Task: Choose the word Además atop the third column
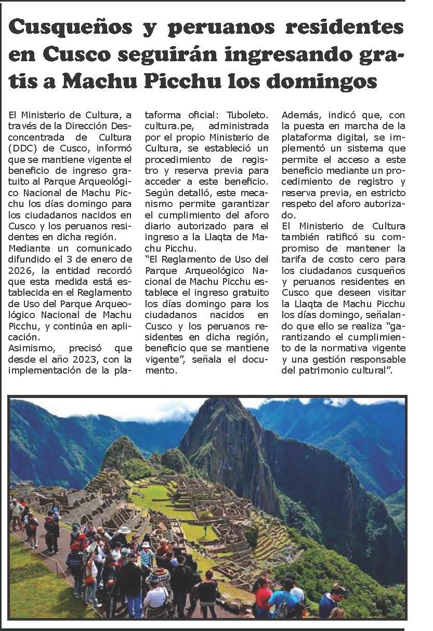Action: click(x=300, y=114)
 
